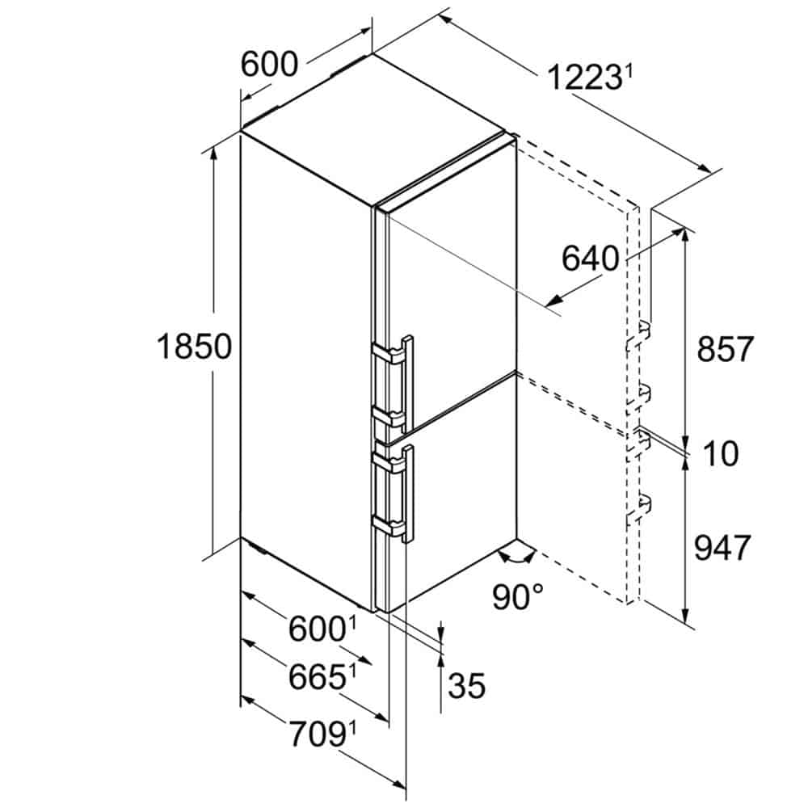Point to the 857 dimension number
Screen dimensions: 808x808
click(x=724, y=349)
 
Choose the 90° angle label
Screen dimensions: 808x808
click(x=517, y=597)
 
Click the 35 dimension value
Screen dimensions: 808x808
click(x=467, y=686)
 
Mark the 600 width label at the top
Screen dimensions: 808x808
click(x=269, y=64)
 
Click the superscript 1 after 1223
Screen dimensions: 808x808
click(x=627, y=72)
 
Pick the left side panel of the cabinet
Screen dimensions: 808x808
click(x=307, y=372)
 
